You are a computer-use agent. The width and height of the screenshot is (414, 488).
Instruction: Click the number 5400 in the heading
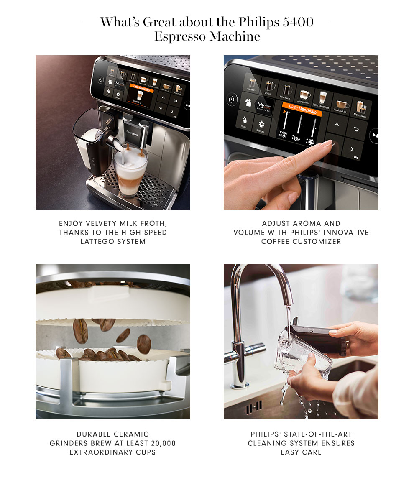[298, 22]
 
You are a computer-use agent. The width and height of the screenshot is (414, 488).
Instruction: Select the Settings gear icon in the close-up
[261, 125]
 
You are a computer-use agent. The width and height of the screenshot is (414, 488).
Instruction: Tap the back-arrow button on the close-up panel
[357, 129]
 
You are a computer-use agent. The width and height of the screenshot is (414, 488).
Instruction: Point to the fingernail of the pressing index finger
[326, 143]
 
